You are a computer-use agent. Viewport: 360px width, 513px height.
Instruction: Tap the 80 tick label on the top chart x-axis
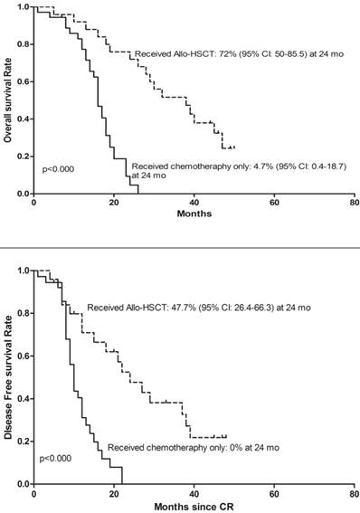(x=355, y=203)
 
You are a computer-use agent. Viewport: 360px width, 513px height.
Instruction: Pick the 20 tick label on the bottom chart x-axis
(x=113, y=495)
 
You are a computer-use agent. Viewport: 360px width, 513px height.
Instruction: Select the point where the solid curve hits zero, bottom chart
(x=121, y=484)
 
